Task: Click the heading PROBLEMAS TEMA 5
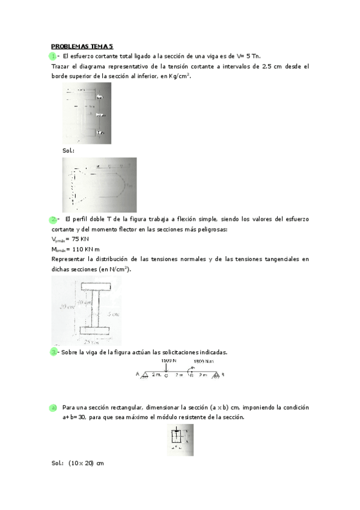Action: pyautogui.click(x=82, y=46)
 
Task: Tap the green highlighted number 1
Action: pyautogui.click(x=53, y=56)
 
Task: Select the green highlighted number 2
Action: pyautogui.click(x=54, y=220)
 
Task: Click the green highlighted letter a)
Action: pyautogui.click(x=53, y=408)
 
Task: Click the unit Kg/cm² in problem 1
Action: pyautogui.click(x=179, y=76)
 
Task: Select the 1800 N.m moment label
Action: pyautogui.click(x=202, y=362)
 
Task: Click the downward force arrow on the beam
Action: pyautogui.click(x=166, y=367)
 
